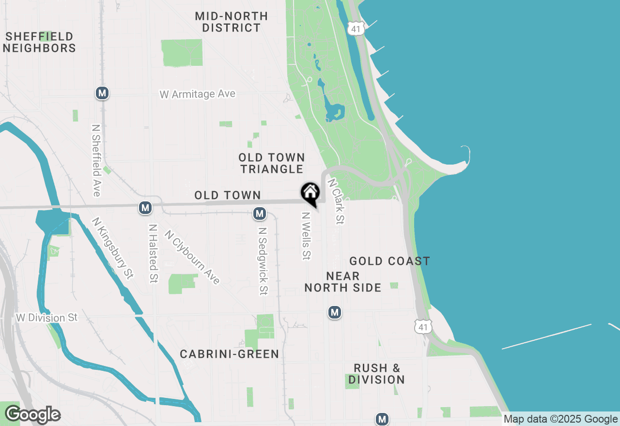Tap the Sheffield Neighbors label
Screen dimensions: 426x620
pyautogui.click(x=40, y=43)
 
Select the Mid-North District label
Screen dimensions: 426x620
pyautogui.click(x=232, y=22)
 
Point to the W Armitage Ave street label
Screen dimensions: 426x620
pyautogui.click(x=198, y=94)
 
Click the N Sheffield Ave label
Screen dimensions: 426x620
pyautogui.click(x=96, y=161)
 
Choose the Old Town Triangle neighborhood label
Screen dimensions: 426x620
pyautogui.click(x=272, y=163)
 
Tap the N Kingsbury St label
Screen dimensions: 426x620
pyautogui.click(x=112, y=248)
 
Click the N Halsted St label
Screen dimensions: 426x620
pyautogui.click(x=154, y=253)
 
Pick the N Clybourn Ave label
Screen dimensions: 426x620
pyautogui.click(x=192, y=257)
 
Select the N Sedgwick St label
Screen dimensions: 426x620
pyautogui.click(x=263, y=262)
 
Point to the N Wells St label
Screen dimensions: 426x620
pyautogui.click(x=306, y=236)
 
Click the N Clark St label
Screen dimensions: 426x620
pyautogui.click(x=336, y=201)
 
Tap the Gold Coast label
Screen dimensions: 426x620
pyautogui.click(x=390, y=261)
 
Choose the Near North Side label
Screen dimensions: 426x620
pyautogui.click(x=343, y=282)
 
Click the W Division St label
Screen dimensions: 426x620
pyautogui.click(x=46, y=318)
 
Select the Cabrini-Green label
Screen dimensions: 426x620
pyautogui.click(x=230, y=354)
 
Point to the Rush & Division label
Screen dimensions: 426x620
pyautogui.click(x=376, y=374)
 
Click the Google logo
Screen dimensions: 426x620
pyautogui.click(x=32, y=415)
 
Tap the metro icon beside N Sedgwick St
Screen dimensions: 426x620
pyautogui.click(x=260, y=213)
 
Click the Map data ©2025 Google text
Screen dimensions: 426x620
pyautogui.click(x=560, y=419)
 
